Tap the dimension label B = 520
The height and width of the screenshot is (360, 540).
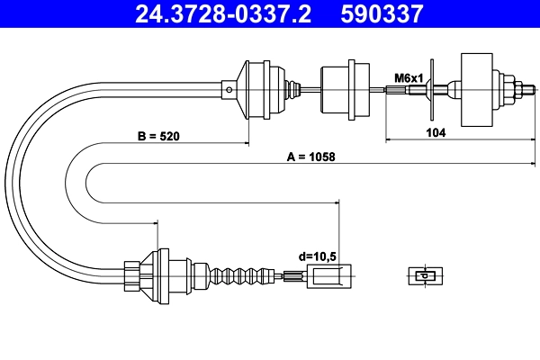click(x=158, y=137)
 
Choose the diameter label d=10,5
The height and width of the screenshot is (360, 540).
click(x=316, y=256)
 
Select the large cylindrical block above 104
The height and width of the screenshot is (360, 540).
click(x=478, y=88)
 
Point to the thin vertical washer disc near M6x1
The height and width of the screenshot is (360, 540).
click(x=432, y=88)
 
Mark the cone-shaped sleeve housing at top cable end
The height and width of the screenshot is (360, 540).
click(x=256, y=88)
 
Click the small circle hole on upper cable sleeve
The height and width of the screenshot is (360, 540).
click(x=229, y=88)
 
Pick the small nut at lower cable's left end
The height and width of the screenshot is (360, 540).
click(x=130, y=274)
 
